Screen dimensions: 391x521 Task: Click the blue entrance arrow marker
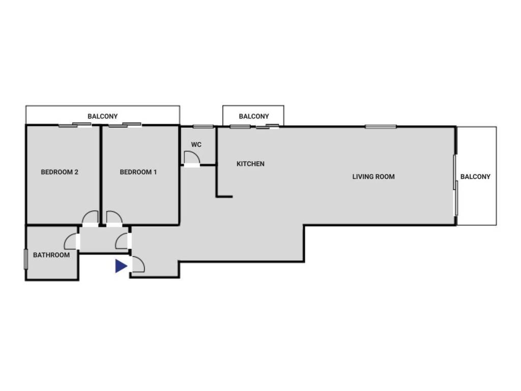coord(121,266)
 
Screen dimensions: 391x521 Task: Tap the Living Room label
coord(373,177)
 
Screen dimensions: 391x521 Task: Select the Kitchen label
coord(250,164)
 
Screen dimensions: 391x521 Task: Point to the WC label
coord(196,145)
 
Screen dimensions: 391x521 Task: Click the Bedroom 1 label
coord(138,172)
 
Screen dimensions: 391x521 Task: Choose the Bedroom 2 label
coord(60,172)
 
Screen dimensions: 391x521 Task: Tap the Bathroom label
coord(51,255)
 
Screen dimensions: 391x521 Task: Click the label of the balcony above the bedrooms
coord(102,117)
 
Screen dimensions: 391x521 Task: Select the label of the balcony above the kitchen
coord(254,117)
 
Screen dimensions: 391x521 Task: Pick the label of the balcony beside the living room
coord(475,177)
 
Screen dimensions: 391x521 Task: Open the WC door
coord(192,159)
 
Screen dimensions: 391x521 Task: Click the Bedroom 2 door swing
coord(90,218)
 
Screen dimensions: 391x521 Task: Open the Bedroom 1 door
coord(114,218)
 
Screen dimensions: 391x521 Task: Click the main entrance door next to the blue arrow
coord(138,264)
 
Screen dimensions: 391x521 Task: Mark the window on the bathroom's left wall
coord(26,259)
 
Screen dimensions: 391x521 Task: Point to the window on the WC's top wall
coord(203,126)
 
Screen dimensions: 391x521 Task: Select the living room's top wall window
coord(381,126)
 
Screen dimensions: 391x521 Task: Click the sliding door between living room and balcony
coord(455,185)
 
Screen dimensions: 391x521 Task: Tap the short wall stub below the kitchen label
coord(224,197)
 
